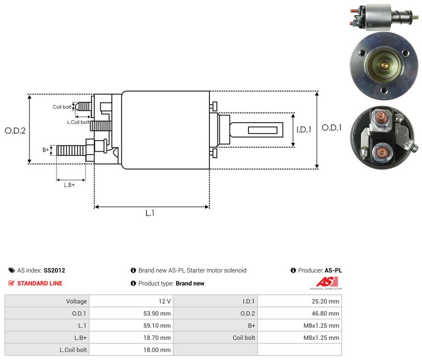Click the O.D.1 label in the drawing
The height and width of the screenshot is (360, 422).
point(332,128)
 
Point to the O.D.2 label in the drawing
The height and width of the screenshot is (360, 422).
point(15,131)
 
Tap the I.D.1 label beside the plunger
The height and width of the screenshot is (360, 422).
point(304,130)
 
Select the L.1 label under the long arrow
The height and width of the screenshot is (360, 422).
point(150,213)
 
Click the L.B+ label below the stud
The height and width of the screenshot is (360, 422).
point(69,185)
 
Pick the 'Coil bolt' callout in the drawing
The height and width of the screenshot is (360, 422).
point(62,107)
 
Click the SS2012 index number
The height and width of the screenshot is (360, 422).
point(54,270)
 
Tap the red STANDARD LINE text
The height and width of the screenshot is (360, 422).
point(40,284)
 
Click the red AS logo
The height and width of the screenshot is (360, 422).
point(327,283)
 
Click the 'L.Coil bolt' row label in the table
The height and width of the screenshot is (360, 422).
point(73,350)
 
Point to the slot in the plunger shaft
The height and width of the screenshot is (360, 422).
point(263,130)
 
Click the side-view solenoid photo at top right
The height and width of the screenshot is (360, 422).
point(385,17)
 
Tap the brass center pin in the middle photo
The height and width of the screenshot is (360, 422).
point(385,65)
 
